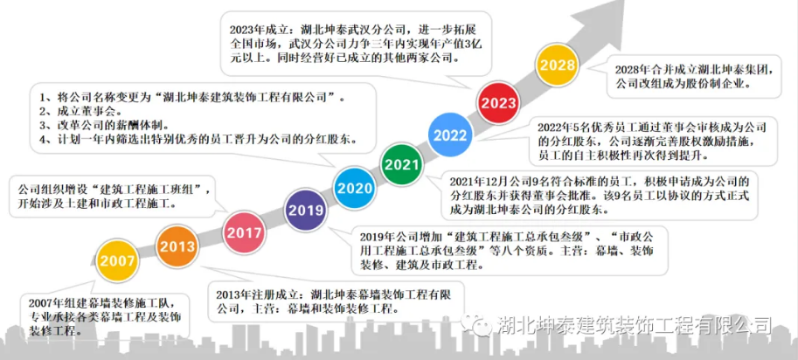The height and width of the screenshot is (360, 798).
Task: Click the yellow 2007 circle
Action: click(x=118, y=261)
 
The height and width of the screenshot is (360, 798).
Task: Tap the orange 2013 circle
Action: click(x=177, y=247)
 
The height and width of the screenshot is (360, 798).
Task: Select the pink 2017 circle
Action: click(x=245, y=233)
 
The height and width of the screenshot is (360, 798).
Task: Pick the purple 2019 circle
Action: click(x=306, y=211)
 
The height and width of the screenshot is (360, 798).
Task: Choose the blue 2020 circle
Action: click(x=355, y=188)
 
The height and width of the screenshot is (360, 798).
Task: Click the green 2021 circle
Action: click(x=401, y=164)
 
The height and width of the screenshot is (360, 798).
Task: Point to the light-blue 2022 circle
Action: click(x=450, y=135)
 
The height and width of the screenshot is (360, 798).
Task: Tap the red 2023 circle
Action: click(x=499, y=103)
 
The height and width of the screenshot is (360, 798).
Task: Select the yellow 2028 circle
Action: click(x=558, y=66)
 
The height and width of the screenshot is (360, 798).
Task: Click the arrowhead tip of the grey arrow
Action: click(x=624, y=1)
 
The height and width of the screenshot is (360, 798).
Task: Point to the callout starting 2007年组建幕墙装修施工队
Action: click(x=106, y=315)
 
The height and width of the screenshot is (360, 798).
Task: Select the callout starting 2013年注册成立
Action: click(x=336, y=301)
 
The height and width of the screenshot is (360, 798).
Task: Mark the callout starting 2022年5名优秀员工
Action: click(x=653, y=142)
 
